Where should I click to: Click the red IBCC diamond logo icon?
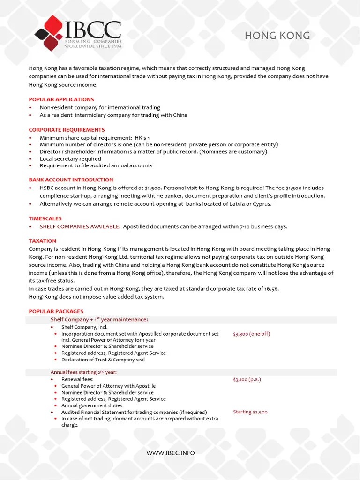click(x=49, y=33)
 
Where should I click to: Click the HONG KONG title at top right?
click(x=277, y=36)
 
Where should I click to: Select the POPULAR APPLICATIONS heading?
click(x=61, y=99)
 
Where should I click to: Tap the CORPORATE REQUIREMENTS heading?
click(x=67, y=130)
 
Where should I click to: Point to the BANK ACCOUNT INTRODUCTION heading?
click(x=71, y=180)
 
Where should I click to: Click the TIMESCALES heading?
click(x=45, y=218)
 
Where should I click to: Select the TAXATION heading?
click(x=42, y=241)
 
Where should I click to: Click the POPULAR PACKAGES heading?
click(x=56, y=311)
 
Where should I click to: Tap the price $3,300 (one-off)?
click(x=251, y=334)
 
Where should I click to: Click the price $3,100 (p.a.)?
click(x=247, y=379)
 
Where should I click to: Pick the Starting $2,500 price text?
click(x=250, y=412)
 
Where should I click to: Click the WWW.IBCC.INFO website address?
click(x=170, y=453)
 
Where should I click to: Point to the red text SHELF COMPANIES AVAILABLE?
click(x=80, y=227)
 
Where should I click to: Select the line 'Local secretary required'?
click(x=70, y=159)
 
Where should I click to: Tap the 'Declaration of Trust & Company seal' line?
click(x=103, y=360)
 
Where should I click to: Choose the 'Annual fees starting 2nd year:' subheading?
click(x=83, y=372)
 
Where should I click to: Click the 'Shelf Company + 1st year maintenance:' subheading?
click(x=99, y=320)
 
